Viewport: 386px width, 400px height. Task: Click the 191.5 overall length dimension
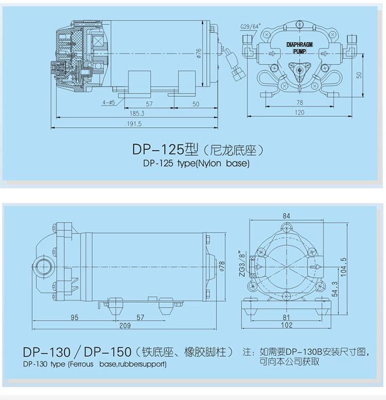pos(134,124)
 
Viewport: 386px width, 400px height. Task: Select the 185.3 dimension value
pos(137,113)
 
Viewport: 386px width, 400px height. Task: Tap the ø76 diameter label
pos(199,53)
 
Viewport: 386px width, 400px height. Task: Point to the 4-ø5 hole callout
pos(109,102)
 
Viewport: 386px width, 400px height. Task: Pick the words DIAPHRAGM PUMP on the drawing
pos(300,48)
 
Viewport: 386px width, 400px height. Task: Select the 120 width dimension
pos(300,112)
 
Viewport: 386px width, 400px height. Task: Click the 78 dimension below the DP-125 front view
pos(300,102)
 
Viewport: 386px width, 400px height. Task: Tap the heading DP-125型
pos(165,150)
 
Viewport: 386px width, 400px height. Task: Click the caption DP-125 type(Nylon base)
pos(196,163)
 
